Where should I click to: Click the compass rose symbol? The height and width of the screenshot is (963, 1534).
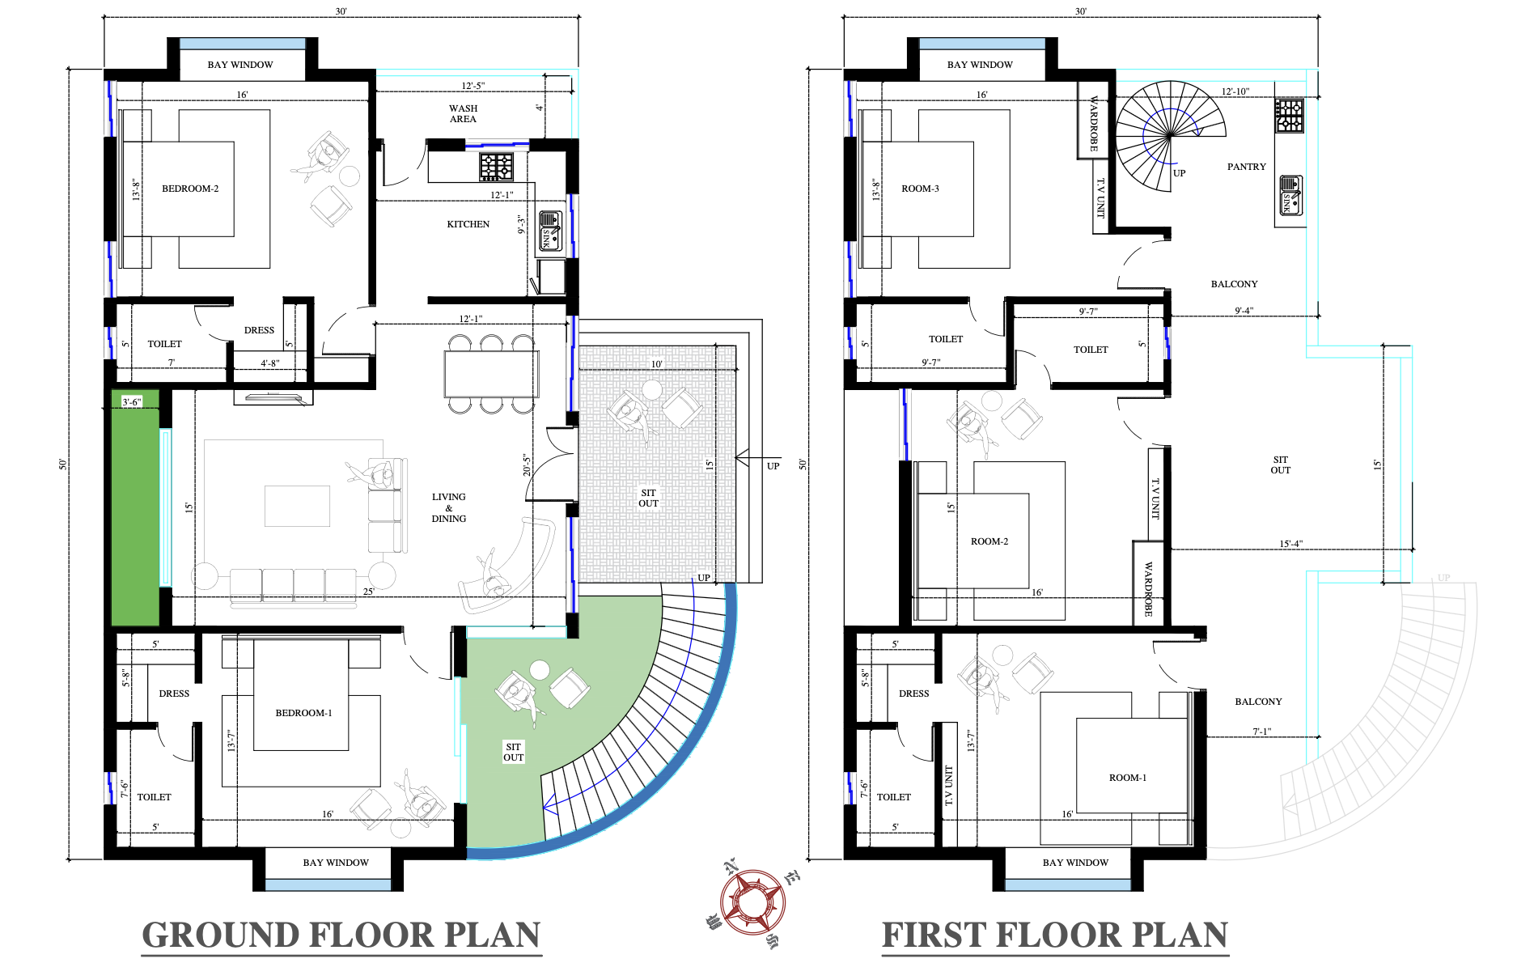(752, 901)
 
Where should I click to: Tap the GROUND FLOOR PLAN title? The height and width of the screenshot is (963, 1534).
(341, 935)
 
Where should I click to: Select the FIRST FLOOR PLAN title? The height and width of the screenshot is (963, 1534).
(1055, 935)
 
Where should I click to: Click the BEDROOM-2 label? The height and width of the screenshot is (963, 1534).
(190, 189)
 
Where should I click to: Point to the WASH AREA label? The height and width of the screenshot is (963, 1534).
(464, 113)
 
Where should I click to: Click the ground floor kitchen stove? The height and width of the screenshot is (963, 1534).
(496, 167)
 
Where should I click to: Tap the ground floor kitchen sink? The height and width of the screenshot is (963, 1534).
(550, 230)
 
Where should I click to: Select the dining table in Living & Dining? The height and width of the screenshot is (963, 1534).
(491, 374)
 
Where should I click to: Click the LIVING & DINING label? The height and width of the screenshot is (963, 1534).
(449, 507)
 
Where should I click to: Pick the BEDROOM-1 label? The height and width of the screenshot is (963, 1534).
(303, 713)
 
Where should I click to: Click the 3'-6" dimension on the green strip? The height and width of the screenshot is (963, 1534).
(132, 401)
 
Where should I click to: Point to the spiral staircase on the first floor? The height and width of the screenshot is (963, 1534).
(1170, 135)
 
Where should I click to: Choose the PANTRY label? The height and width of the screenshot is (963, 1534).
(1246, 167)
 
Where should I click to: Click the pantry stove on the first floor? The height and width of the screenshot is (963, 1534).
(1290, 116)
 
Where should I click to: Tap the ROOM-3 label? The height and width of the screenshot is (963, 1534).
(920, 189)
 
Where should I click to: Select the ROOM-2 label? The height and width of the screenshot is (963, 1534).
(989, 541)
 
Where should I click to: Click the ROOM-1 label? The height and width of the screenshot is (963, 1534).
(1128, 778)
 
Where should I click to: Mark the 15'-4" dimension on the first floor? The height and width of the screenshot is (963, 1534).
(1291, 544)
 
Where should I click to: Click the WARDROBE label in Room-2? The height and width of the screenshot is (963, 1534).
(1148, 589)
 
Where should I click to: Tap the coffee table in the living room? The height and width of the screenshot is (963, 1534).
(298, 506)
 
